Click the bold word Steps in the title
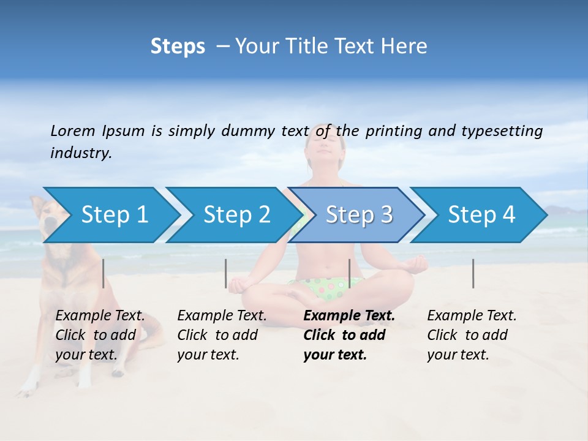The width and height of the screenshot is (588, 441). point(178,47)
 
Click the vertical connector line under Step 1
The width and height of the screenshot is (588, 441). point(104,273)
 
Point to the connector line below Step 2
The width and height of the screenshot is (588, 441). point(226,273)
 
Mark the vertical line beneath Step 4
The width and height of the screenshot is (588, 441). point(473,273)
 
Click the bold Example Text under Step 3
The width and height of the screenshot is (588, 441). point(349,316)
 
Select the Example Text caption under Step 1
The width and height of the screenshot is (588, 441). point(100,316)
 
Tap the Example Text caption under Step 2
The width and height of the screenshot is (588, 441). point(222,316)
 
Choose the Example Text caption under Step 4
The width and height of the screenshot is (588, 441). point(472,316)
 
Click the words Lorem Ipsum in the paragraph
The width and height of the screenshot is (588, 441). point(98,131)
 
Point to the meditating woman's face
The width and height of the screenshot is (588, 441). point(327,150)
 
